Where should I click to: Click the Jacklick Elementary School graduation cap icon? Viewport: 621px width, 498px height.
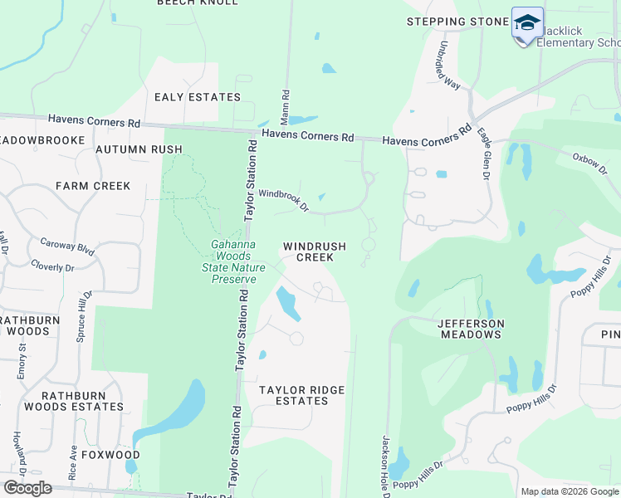pyautogui.click(x=527, y=23)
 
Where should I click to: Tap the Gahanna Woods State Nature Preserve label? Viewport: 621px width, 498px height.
pyautogui.click(x=233, y=256)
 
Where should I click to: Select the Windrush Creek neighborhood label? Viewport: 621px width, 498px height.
pyautogui.click(x=308, y=251)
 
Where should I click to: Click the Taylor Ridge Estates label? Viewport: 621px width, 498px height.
pyautogui.click(x=301, y=395)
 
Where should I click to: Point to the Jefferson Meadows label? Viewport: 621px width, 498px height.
pyautogui.click(x=470, y=328)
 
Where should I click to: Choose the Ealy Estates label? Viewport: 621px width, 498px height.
pyautogui.click(x=198, y=97)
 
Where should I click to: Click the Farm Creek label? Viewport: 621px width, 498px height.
pyautogui.click(x=93, y=186)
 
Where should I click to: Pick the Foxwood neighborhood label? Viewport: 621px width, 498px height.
pyautogui.click(x=105, y=455)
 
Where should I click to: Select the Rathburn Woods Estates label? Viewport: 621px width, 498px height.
pyautogui.click(x=74, y=401)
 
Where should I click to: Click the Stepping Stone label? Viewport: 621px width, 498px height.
pyautogui.click(x=457, y=22)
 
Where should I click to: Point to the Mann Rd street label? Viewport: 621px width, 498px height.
pyautogui.click(x=285, y=102)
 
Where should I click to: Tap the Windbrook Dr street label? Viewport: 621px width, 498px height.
pyautogui.click(x=283, y=200)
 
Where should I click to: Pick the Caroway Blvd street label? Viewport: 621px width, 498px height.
pyautogui.click(x=67, y=247)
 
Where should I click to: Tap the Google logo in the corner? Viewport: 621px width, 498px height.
pyautogui.click(x=27, y=488)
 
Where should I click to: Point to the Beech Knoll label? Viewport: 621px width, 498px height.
pyautogui.click(x=198, y=3)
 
